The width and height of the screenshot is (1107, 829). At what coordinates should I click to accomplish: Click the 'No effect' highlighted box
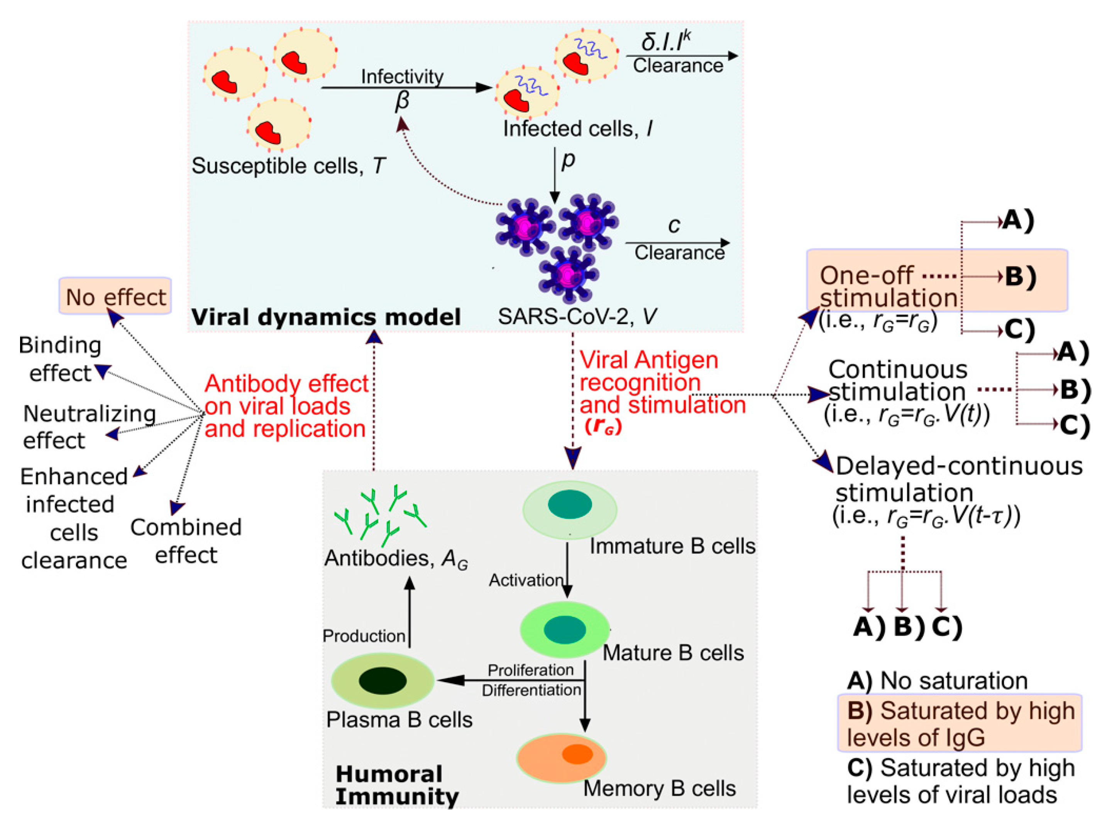coord(115,297)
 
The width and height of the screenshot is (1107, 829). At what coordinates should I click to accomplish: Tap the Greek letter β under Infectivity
coord(402,101)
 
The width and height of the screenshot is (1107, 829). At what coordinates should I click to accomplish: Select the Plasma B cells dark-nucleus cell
coord(383,680)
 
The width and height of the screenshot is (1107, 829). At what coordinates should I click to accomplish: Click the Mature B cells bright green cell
coord(565,629)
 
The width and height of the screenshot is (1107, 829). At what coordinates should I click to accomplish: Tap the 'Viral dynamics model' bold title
coord(326,317)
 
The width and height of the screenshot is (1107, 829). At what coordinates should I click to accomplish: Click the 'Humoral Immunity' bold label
coord(396,785)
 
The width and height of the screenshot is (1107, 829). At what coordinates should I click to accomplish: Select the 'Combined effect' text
coord(186,541)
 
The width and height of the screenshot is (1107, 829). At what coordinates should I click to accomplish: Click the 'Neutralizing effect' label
coord(89,427)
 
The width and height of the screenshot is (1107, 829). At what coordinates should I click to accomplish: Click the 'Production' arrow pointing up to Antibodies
coord(410,612)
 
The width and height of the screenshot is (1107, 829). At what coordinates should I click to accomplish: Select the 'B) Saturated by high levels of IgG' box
coord(960,723)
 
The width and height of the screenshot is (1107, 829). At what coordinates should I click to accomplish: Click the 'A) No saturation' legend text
coord(937,681)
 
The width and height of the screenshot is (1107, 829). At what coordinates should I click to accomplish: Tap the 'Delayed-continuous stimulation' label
coord(958,479)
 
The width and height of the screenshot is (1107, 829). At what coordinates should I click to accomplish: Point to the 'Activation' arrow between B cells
coord(567,571)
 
